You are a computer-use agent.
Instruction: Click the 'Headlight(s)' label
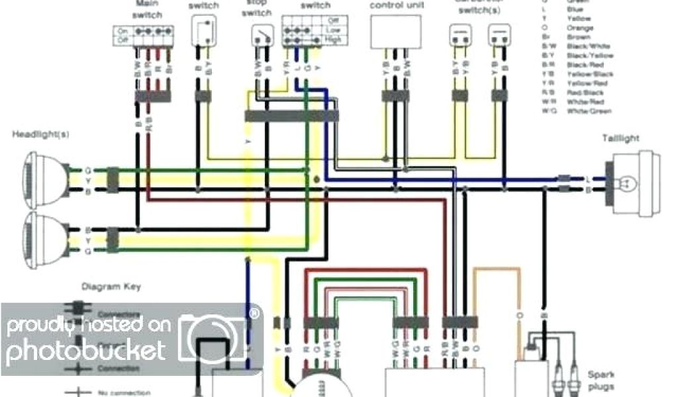click(x=40, y=134)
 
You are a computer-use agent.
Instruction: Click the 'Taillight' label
click(x=621, y=138)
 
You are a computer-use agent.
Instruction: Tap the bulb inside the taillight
click(x=624, y=183)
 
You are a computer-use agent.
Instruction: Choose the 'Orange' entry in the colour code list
click(x=579, y=28)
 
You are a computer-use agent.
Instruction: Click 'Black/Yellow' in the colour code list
click(x=590, y=56)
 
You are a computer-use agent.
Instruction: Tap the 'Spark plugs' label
click(x=600, y=380)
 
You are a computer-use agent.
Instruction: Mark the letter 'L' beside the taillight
click(x=588, y=179)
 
